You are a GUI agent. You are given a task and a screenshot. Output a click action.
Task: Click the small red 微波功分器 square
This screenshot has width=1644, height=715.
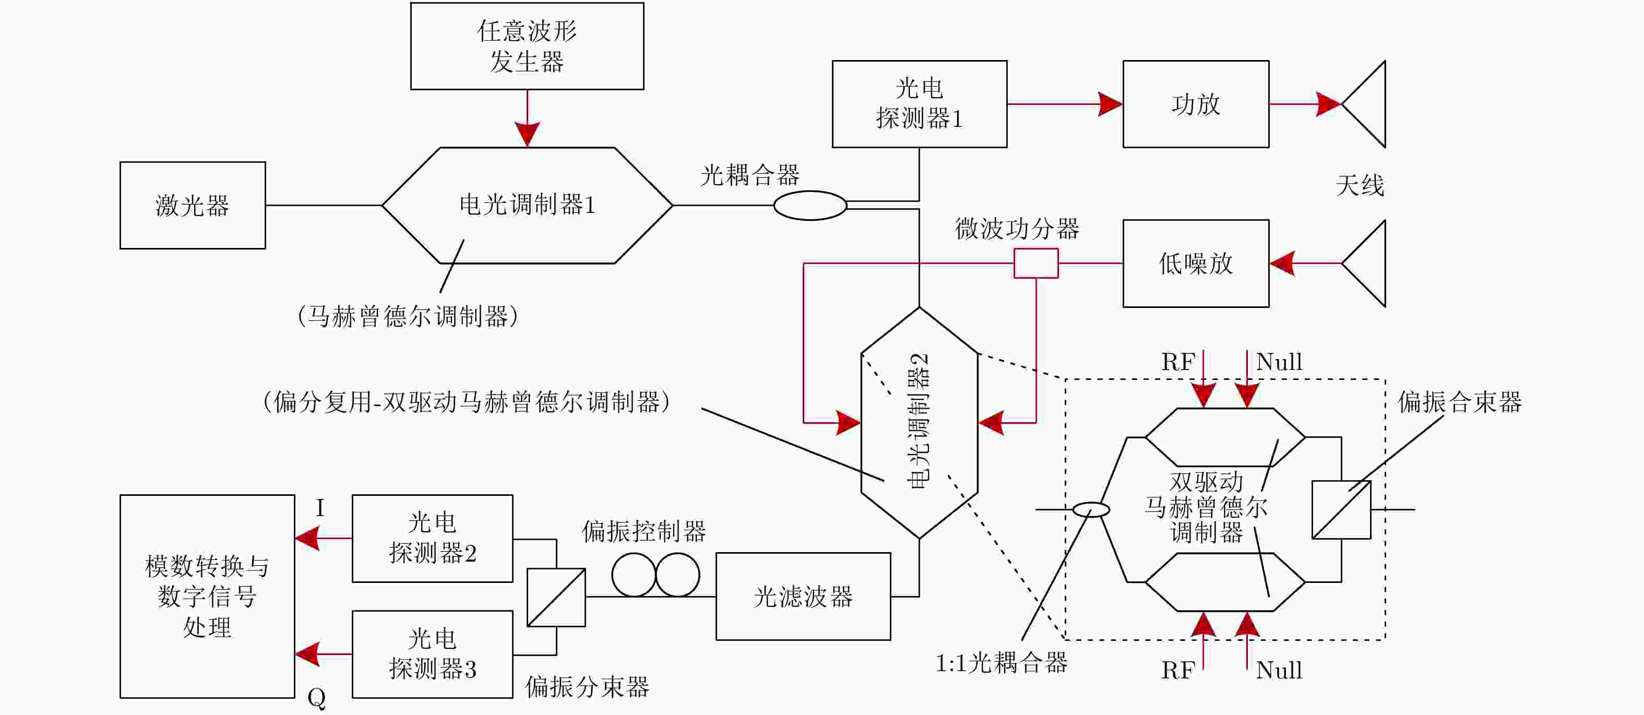click(1037, 264)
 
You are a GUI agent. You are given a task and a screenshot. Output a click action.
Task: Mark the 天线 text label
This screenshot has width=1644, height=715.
click(1360, 186)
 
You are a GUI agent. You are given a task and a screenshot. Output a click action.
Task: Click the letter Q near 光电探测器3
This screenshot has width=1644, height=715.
click(317, 698)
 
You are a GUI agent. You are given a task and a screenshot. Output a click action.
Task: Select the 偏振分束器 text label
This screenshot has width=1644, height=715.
click(587, 687)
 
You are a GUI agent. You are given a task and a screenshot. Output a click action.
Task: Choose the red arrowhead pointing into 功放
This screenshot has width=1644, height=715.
click(1111, 104)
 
